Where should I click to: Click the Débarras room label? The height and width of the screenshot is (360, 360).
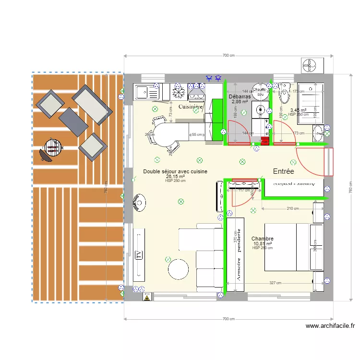(x=240, y=96)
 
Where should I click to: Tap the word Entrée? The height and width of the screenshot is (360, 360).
(x=283, y=171)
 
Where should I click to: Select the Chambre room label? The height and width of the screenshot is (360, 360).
(x=263, y=239)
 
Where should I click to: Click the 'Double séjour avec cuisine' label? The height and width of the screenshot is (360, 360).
(x=175, y=171)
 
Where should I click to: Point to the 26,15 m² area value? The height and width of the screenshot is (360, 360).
(x=175, y=176)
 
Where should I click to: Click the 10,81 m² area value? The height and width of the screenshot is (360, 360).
(x=263, y=243)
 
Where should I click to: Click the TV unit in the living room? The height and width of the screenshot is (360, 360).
(x=139, y=254)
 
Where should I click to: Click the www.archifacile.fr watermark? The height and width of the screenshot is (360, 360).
(x=330, y=326)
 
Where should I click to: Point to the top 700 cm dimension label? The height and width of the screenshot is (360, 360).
(x=228, y=56)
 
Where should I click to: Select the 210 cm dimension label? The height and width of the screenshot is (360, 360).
(x=292, y=208)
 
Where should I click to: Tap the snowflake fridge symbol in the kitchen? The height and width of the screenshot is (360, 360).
(x=179, y=91)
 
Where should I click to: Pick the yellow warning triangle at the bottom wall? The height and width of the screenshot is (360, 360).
(x=146, y=298)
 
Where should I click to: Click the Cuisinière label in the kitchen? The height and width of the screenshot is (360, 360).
(x=191, y=107)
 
